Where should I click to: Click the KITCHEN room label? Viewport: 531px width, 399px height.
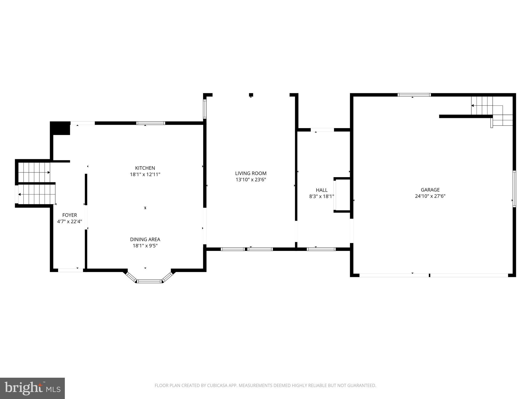click(x=145, y=168)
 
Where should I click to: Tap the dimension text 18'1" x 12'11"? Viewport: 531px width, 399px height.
click(x=145, y=175)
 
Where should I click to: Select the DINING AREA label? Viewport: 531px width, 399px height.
click(x=145, y=240)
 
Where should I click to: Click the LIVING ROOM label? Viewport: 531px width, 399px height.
click(x=251, y=173)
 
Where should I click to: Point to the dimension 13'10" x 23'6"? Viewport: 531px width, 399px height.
click(x=251, y=179)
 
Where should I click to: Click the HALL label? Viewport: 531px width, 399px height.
click(x=322, y=190)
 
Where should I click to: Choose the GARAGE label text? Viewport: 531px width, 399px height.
click(x=430, y=190)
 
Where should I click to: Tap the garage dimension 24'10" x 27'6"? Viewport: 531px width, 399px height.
click(x=430, y=196)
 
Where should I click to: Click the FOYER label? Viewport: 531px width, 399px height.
click(x=69, y=215)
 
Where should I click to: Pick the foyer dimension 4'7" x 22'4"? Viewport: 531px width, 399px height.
click(x=69, y=222)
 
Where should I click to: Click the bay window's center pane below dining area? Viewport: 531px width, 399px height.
click(x=149, y=281)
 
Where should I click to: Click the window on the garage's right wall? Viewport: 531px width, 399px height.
click(x=514, y=189)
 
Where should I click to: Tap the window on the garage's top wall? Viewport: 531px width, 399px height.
click(x=414, y=95)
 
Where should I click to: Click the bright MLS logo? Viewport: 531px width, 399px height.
click(x=32, y=388)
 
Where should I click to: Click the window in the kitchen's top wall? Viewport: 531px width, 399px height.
click(x=151, y=123)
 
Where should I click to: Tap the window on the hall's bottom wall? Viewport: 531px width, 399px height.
click(x=321, y=249)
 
